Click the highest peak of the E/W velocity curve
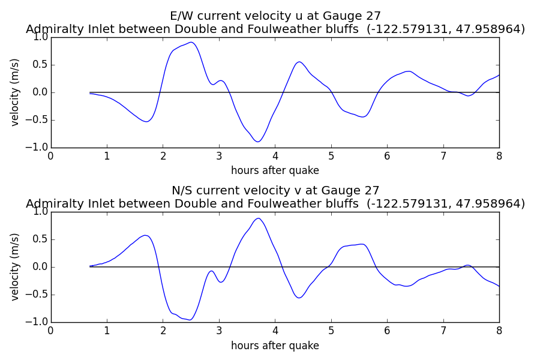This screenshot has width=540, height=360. pos(191,43)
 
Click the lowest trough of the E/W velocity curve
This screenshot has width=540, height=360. pos(258,142)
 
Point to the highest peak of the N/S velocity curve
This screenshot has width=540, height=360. pos(258,218)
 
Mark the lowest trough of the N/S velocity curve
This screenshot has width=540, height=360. pos(190,320)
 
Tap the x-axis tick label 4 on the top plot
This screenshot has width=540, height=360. pos(275,157)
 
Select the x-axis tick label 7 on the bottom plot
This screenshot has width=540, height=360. pos(443,331)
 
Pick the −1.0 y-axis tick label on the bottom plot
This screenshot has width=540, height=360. pos(37,322)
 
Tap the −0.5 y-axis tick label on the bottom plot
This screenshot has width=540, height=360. pos(37,295)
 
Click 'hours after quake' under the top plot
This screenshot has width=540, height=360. pos(275,170)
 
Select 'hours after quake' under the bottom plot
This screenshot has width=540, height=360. pos(275,345)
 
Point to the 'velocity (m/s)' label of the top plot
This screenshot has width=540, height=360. pos(15,92)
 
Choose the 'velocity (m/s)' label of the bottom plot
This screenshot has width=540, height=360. pos(15,267)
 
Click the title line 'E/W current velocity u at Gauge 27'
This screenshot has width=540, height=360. pos(275,16)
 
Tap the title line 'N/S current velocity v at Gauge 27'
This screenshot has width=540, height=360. pos(275,191)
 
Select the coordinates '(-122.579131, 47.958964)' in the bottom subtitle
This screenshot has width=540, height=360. pos(446,203)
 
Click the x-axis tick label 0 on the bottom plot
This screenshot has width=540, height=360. pos(51,331)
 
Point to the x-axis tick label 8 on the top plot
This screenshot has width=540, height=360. pos(499,157)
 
